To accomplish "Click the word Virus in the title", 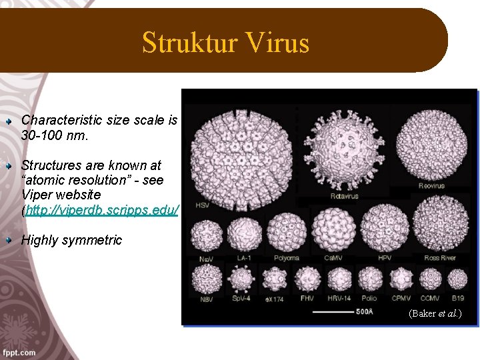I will tap(281, 43).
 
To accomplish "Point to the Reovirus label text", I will tap(431, 185).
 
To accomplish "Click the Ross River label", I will tap(440, 258).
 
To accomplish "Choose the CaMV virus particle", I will tap(330, 229).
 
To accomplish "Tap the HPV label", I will tap(384, 258).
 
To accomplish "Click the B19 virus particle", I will tap(457, 281).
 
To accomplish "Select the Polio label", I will tap(369, 299).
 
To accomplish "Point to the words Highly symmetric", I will tap(72, 241).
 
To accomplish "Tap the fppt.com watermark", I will tap(19, 353).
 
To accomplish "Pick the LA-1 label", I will tap(245, 258).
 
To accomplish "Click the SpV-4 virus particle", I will tap(241, 279).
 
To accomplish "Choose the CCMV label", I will tap(430, 299).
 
